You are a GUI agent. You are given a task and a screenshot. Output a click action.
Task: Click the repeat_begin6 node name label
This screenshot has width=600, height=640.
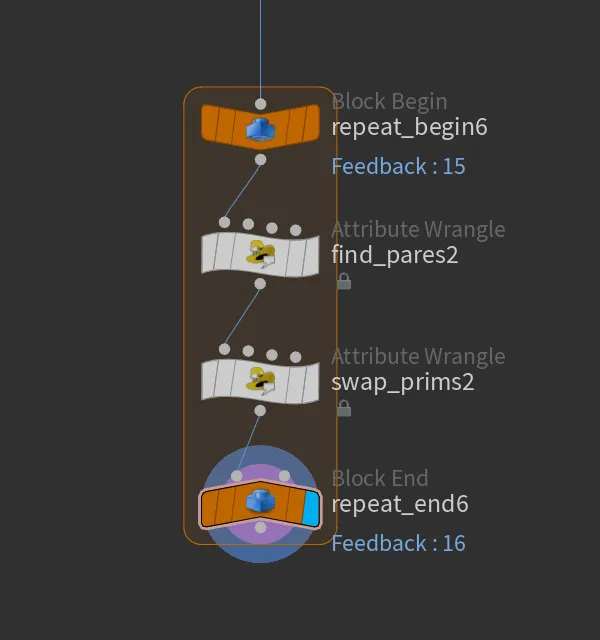409,127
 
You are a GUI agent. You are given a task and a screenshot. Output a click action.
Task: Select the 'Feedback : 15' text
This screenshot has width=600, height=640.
398,166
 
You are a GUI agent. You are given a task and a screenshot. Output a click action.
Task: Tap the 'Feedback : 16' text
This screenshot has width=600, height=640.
398,543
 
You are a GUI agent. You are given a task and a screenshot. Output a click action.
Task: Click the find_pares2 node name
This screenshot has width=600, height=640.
395,256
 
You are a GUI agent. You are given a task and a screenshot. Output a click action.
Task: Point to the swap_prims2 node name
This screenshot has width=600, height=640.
402,383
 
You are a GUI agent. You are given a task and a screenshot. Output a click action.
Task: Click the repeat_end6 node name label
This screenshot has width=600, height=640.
400,504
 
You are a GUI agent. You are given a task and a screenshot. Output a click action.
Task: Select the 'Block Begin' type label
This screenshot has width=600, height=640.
389,102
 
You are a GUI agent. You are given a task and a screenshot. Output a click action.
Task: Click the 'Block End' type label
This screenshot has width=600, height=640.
380,478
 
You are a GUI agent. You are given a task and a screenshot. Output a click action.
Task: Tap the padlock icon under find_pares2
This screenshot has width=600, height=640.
344,282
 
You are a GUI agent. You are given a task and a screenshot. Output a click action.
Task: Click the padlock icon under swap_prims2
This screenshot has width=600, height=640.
344,408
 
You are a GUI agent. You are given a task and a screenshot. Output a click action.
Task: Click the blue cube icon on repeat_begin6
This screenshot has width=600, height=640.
260,130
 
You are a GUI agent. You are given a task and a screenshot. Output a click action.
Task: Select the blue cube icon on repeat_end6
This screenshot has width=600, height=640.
260,500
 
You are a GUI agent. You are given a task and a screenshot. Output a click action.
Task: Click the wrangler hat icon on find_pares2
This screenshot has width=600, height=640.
260,254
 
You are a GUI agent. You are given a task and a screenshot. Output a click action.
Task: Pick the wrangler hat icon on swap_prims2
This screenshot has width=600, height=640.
260,381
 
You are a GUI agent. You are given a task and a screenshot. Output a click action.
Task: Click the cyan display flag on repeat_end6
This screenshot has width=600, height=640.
311,508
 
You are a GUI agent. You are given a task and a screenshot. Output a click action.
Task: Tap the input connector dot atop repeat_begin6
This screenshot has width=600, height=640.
260,104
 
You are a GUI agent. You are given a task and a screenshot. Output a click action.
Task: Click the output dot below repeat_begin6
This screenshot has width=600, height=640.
260,160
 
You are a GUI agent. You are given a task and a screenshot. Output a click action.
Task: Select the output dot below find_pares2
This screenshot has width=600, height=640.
260,284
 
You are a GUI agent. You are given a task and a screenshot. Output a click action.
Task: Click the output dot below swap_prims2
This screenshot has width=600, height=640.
260,411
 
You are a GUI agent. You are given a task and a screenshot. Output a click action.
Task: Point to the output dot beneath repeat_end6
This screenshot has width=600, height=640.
260,528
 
